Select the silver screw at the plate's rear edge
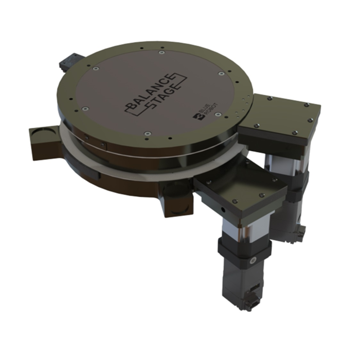161,52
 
